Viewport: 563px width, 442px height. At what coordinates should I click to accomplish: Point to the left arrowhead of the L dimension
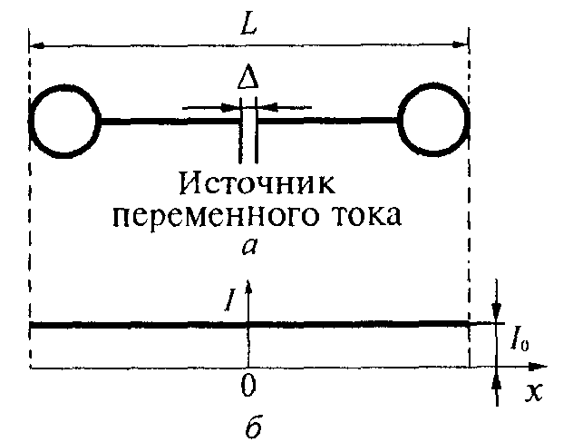(x=36, y=44)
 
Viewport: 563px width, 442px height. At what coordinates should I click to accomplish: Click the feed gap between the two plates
(x=249, y=127)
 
